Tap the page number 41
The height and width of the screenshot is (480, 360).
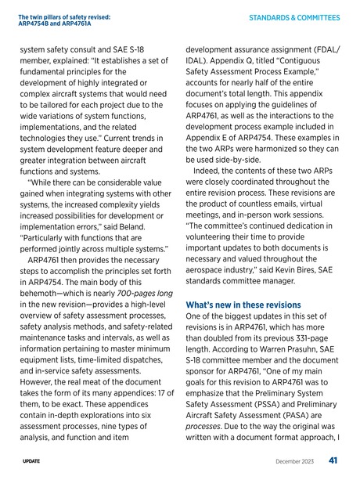pos(334,460)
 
